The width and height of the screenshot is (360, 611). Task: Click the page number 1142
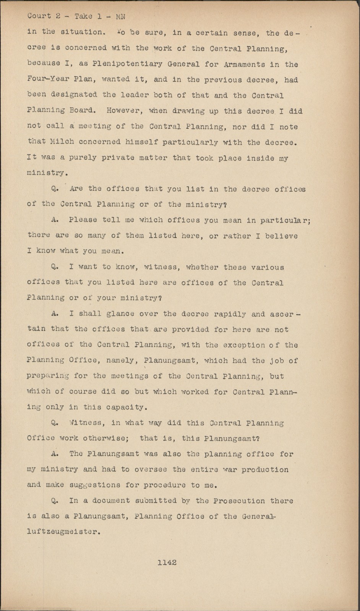click(167, 562)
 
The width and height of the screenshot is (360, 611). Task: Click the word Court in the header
click(39, 16)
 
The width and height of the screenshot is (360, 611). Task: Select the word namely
click(122, 360)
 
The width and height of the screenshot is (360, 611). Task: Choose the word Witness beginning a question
click(85, 423)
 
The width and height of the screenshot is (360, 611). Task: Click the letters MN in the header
click(120, 16)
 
